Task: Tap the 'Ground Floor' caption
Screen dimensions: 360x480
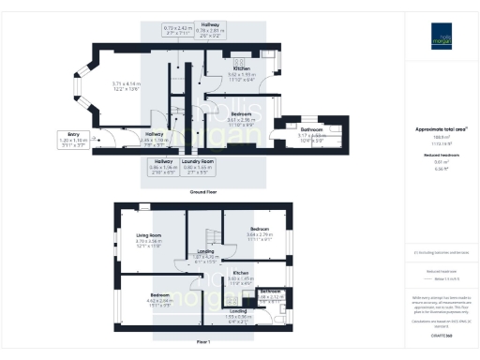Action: click(x=198, y=190)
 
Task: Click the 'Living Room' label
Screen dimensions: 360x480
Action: click(x=150, y=234)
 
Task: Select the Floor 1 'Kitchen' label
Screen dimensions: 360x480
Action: click(x=242, y=274)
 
